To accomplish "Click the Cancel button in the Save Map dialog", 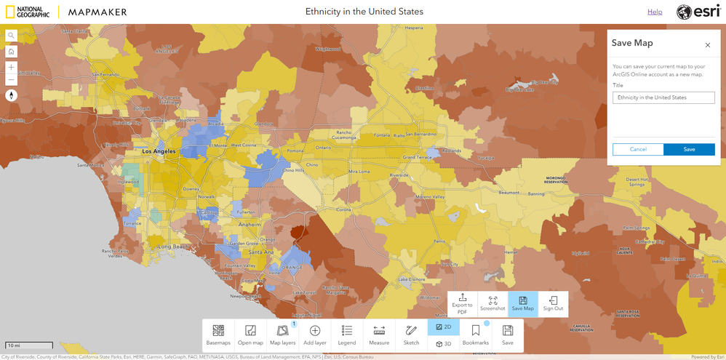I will tap(638, 149).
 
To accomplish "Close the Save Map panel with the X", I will tap(707, 45).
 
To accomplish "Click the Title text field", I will tap(663, 97).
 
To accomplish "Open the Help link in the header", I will tap(655, 12).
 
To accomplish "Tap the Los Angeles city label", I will tap(159, 151).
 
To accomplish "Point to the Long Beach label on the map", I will tap(173, 247).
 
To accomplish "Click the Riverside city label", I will tap(399, 175).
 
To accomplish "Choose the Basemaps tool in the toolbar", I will tap(218, 335).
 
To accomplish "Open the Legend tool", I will tap(347, 335).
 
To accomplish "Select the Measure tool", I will tap(379, 335).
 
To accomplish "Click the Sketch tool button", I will tap(411, 335).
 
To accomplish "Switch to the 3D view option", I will tap(444, 344).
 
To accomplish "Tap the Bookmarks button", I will tap(476, 335).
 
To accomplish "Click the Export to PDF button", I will tap(463, 304).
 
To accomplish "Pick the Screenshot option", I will tap(492, 304).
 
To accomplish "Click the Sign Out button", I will tap(553, 304).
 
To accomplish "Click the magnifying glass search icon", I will tap(11, 36).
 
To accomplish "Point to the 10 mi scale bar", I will tap(29, 345).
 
